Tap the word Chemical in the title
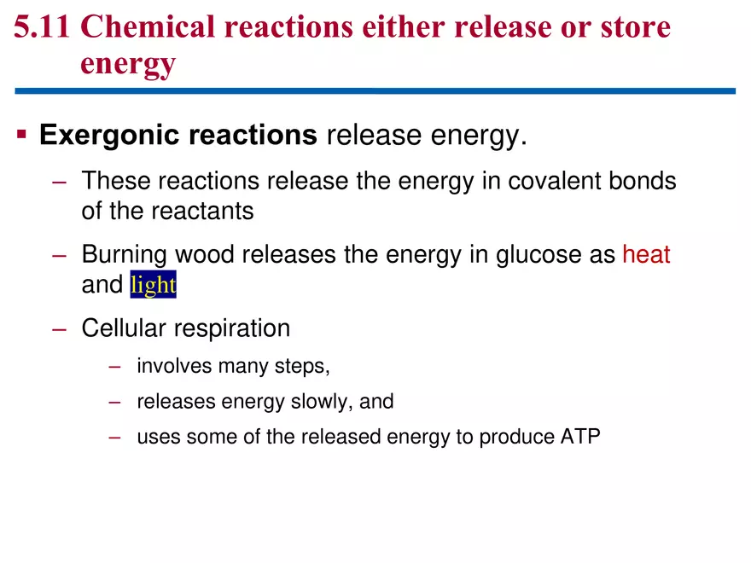pos(150,27)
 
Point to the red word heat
pos(646,254)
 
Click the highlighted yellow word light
pos(153,285)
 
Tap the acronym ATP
pos(580,437)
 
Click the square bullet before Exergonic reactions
pos(23,135)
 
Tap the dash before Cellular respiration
pos(58,328)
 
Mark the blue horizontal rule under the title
pos(375,91)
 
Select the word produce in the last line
pos(515,438)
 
